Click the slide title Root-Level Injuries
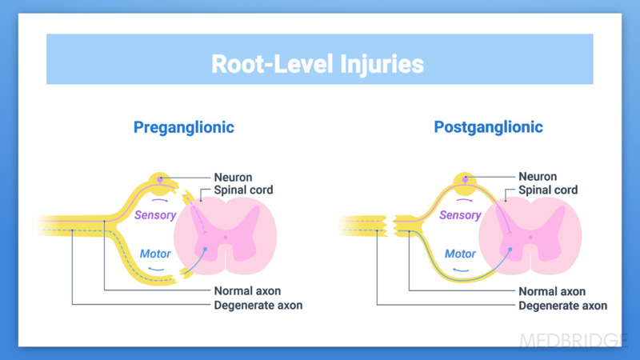[318, 63]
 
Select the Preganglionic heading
[184, 127]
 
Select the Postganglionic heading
[488, 127]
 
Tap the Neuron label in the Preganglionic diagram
[234, 177]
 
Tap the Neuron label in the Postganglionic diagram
[538, 177]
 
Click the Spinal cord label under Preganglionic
[244, 190]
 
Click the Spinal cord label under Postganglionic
[548, 190]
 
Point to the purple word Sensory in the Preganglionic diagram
[156, 214]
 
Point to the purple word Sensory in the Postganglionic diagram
[460, 214]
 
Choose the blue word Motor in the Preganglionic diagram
[155, 254]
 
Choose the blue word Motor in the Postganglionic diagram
[460, 254]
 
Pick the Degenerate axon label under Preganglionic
[258, 306]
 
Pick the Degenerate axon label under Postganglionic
[562, 306]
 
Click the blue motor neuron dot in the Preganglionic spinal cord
[206, 249]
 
